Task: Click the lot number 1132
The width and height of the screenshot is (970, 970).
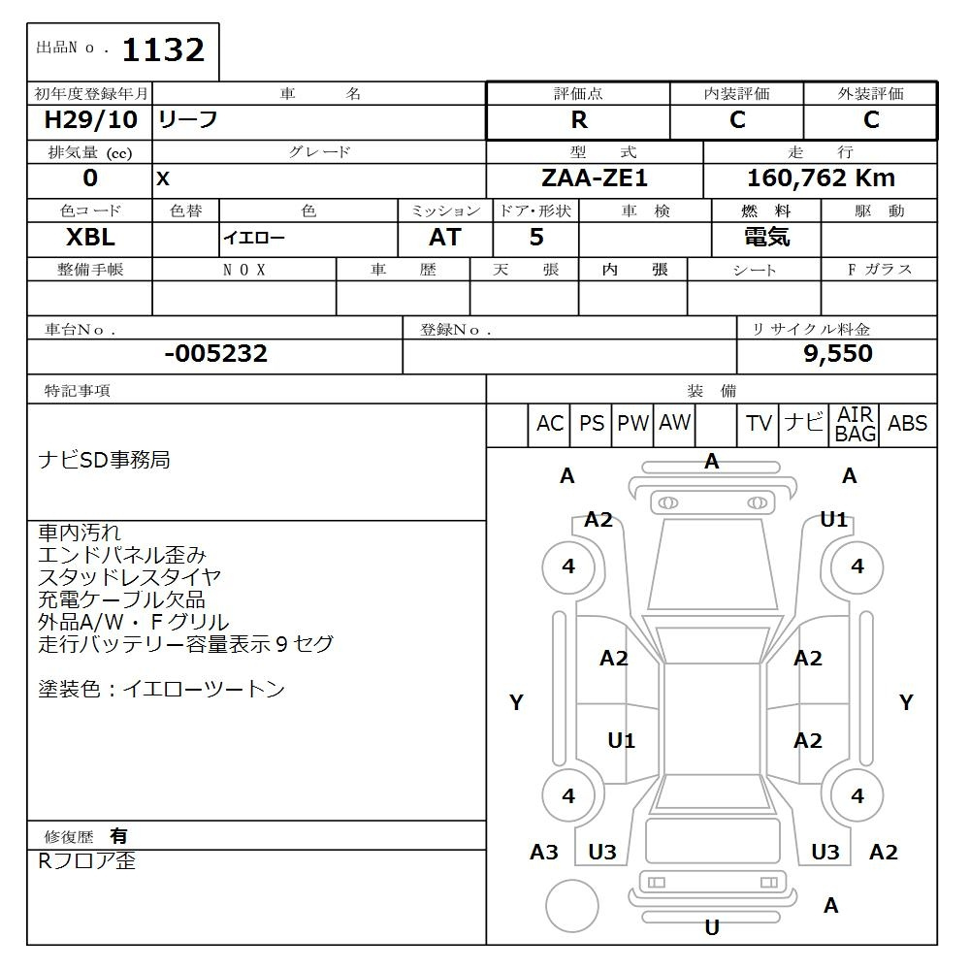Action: (x=163, y=50)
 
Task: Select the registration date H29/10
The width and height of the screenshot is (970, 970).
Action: (x=90, y=119)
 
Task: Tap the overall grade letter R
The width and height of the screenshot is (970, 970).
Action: (x=579, y=120)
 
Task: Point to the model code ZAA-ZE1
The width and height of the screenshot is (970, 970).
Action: (x=594, y=178)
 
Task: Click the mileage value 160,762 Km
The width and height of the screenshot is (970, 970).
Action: (x=821, y=178)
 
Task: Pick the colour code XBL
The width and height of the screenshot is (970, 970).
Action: (x=90, y=238)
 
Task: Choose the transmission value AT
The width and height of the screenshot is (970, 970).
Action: (x=445, y=238)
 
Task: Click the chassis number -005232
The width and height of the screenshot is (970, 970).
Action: (x=216, y=353)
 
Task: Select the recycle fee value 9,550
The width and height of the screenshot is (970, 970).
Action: (x=838, y=353)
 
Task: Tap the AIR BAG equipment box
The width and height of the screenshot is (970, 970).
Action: (x=855, y=425)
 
